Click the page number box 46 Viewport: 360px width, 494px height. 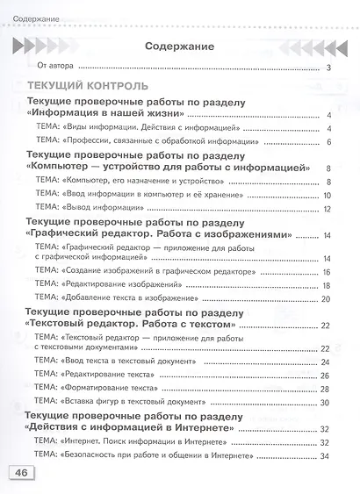pos(19,473)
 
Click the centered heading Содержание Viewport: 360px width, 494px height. pos(179,46)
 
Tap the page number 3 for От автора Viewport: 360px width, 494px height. pos(326,68)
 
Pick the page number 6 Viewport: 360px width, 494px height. pos(327,141)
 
